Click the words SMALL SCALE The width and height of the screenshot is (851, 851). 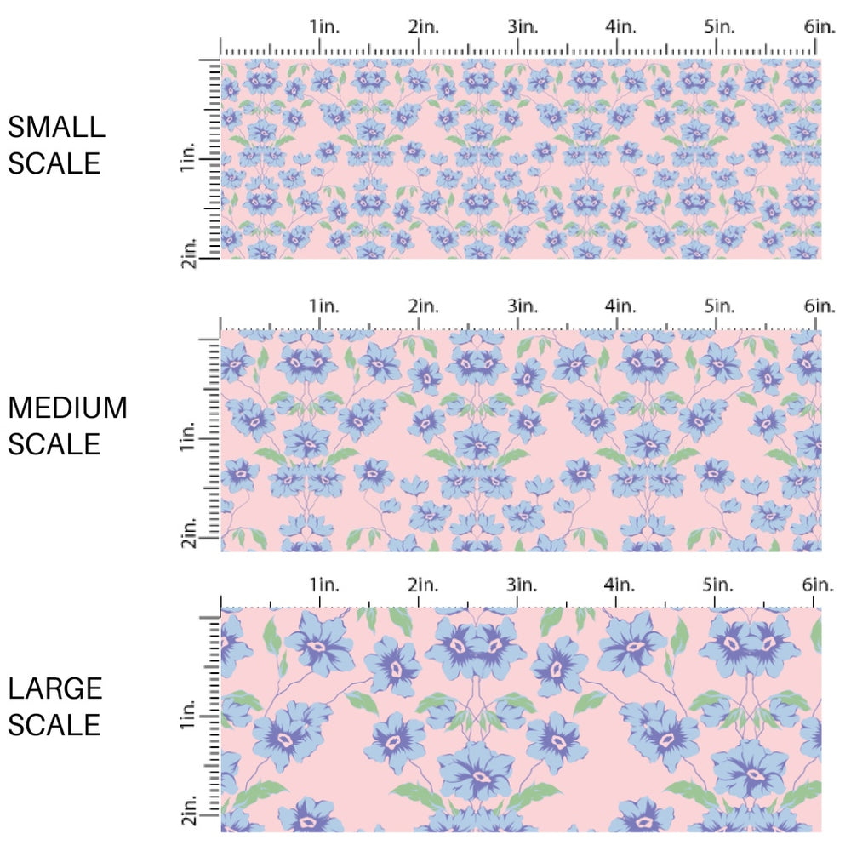[x=56, y=145]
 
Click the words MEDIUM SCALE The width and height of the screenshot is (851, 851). [x=67, y=425]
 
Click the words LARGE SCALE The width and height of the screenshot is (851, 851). [x=55, y=706]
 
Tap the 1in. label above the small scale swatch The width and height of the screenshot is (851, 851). [x=324, y=26]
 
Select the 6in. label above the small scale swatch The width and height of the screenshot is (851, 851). [x=820, y=26]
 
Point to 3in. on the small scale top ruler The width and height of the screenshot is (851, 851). [x=523, y=26]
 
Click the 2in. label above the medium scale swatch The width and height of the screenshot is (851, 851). [x=423, y=306]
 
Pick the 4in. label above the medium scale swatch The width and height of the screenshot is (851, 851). [x=621, y=306]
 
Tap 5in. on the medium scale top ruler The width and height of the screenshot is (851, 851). [x=720, y=306]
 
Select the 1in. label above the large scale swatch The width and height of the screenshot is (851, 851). [x=324, y=585]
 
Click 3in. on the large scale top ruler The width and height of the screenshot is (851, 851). [x=523, y=585]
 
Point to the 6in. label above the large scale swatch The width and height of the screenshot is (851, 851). [x=820, y=585]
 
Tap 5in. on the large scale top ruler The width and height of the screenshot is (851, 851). [x=720, y=585]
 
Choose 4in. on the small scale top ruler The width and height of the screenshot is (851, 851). [x=621, y=26]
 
